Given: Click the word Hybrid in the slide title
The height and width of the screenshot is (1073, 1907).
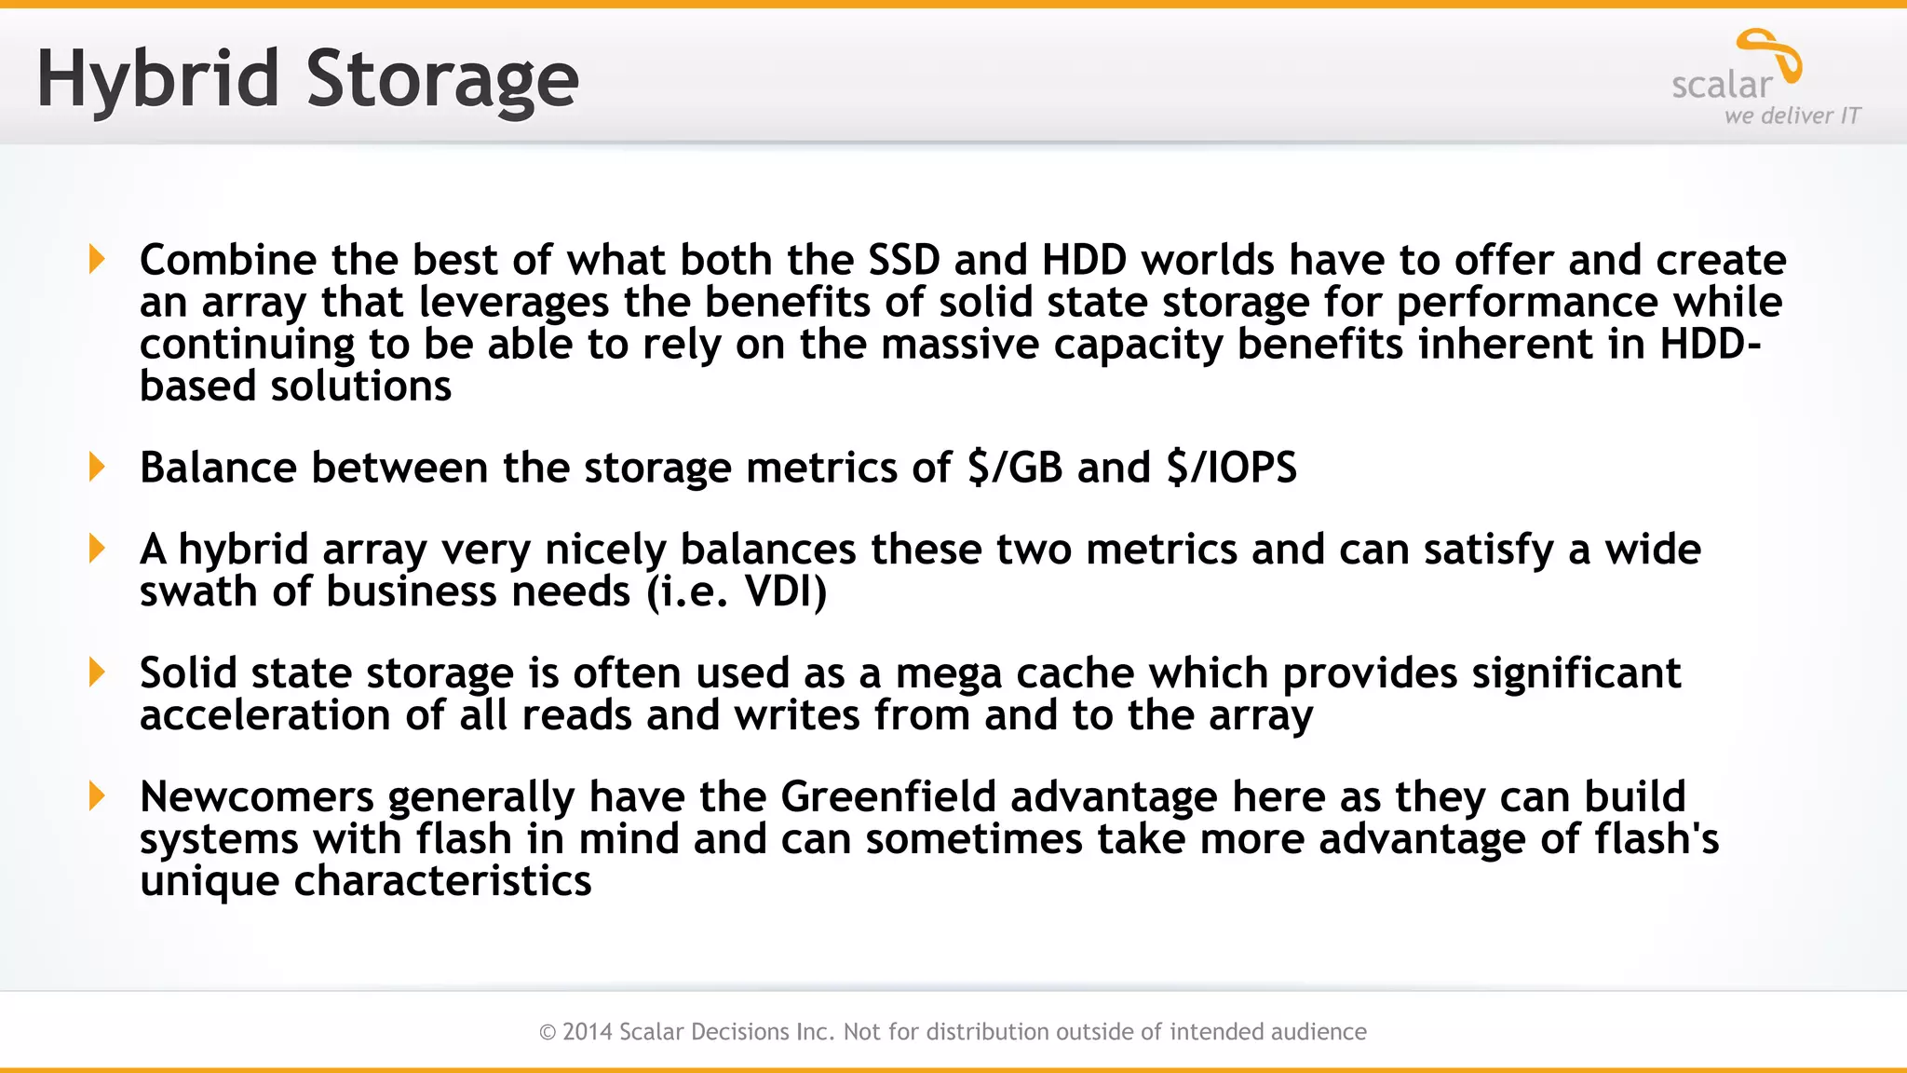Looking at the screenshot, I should pyautogui.click(x=157, y=80).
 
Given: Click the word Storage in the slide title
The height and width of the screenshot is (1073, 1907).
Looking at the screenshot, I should pyautogui.click(x=442, y=80).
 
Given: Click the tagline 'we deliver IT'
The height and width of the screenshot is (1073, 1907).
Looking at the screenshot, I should pyautogui.click(x=1792, y=116).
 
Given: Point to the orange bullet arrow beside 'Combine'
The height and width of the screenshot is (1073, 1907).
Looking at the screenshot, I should pyautogui.click(x=97, y=259).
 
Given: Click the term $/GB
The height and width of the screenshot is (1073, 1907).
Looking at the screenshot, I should pyautogui.click(x=1015, y=468).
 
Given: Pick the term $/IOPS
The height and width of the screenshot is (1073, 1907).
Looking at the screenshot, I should pyautogui.click(x=1231, y=468).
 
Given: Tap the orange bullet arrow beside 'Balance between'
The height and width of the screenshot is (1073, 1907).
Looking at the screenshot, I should pyautogui.click(x=97, y=467).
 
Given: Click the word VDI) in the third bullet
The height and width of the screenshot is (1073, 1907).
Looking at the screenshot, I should pyautogui.click(x=785, y=592).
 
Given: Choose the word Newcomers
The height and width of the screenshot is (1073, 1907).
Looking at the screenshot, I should pyautogui.click(x=257, y=797).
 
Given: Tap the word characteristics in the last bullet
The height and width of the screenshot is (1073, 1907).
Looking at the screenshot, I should pyautogui.click(x=442, y=881).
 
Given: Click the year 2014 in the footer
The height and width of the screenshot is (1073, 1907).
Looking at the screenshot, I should pyautogui.click(x=587, y=1032).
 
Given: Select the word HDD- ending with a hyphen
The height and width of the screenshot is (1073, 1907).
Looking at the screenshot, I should pyautogui.click(x=1711, y=345).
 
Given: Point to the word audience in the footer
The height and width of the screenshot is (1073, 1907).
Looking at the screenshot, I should pyautogui.click(x=1314, y=1032).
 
